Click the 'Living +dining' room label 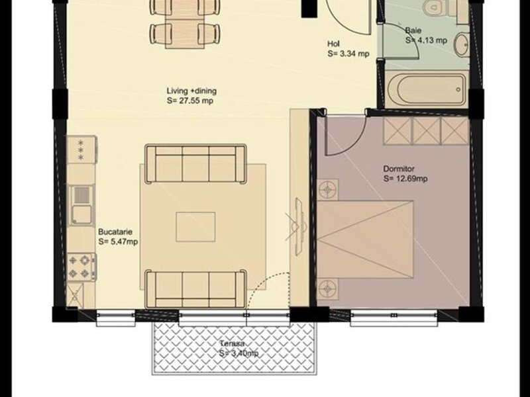pyautogui.click(x=191, y=91)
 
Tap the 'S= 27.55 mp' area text pyautogui.click(x=190, y=101)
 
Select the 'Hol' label pyautogui.click(x=333, y=44)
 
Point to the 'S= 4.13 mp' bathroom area pyautogui.click(x=426, y=40)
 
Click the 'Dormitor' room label pyautogui.click(x=399, y=169)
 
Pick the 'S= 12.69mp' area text pyautogui.click(x=405, y=179)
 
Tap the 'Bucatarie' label pyautogui.click(x=115, y=232)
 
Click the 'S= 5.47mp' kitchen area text pyautogui.click(x=118, y=242)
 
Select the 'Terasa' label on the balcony pyautogui.click(x=233, y=343)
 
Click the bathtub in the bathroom pyautogui.click(x=426, y=90)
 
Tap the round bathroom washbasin pyautogui.click(x=461, y=45)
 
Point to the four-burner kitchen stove pyautogui.click(x=81, y=267)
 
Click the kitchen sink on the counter pyautogui.click(x=81, y=205)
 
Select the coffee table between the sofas pyautogui.click(x=195, y=227)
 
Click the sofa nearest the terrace pyautogui.click(x=195, y=288)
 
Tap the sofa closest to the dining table pyautogui.click(x=195, y=164)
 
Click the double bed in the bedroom pyautogui.click(x=365, y=240)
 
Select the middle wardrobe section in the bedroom pyautogui.click(x=427, y=131)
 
